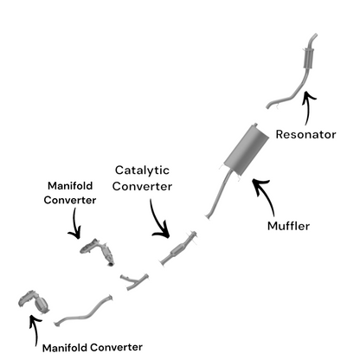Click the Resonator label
(305, 134)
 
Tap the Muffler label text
(288, 226)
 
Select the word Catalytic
(142, 170)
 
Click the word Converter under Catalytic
(142, 186)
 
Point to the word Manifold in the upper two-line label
(70, 185)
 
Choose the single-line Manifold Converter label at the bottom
(93, 348)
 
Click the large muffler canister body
(247, 150)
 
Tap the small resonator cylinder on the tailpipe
(308, 59)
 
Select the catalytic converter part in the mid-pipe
(179, 248)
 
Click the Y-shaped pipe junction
(133, 281)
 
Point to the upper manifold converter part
(98, 252)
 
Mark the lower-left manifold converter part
(34, 302)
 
